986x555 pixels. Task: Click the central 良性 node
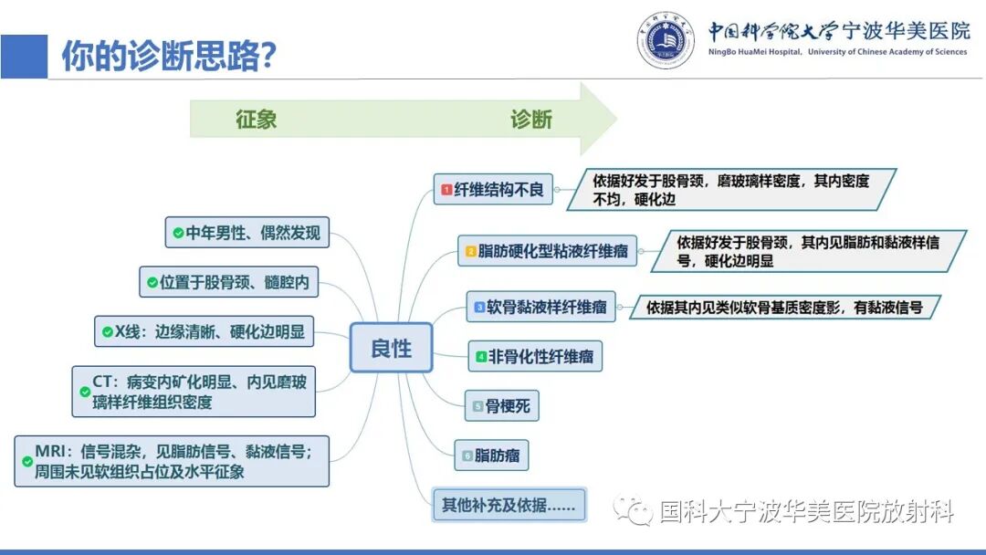pos(391,348)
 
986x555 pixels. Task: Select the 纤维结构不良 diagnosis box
pos(492,189)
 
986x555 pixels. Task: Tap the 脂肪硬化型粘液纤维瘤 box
pos(548,250)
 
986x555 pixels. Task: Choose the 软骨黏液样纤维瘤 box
pos(541,308)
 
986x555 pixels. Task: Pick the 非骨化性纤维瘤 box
pos(535,356)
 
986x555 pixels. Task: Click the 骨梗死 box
pos(501,405)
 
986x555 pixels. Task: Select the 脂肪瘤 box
pos(492,455)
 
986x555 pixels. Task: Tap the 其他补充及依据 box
pos(509,504)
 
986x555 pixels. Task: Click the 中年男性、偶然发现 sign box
pos(246,233)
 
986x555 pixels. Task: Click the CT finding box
pos(194,392)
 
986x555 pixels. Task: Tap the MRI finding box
pos(172,461)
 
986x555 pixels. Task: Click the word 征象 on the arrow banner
pos(256,120)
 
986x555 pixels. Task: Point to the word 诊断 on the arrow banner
pos(531,120)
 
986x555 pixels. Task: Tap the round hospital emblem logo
pos(666,39)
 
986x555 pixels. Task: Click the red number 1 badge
pos(446,190)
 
